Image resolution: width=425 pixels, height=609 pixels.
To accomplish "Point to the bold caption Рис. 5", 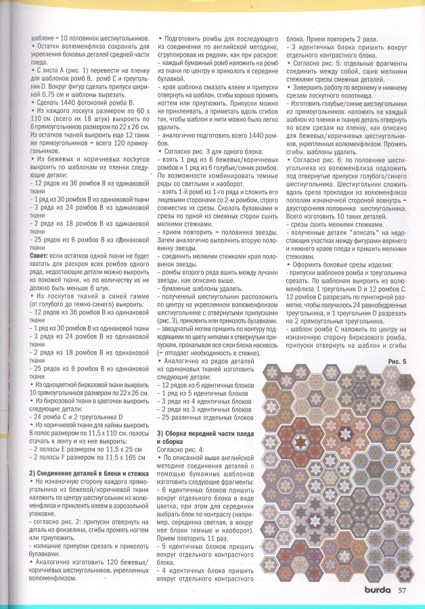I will (397, 362).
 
